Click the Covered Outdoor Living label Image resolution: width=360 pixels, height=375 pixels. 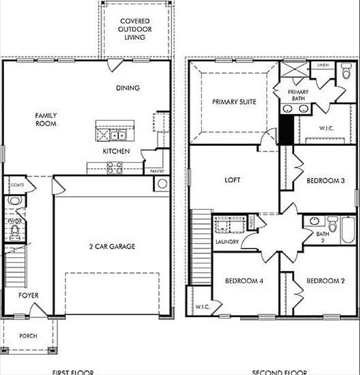[135, 29]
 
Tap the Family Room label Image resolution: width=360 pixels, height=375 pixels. [46, 120]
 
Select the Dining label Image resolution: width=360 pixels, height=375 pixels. [127, 88]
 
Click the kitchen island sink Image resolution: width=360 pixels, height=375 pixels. [117, 135]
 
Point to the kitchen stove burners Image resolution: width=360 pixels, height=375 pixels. [114, 168]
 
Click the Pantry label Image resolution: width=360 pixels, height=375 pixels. [157, 172]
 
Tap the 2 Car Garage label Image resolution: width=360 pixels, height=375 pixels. [112, 246]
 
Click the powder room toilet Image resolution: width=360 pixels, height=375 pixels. [14, 200]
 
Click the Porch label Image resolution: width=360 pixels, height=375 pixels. [28, 336]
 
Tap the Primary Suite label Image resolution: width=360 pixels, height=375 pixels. [234, 102]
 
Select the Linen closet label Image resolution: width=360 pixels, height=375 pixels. [323, 65]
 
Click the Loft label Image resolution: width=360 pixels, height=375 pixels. [232, 181]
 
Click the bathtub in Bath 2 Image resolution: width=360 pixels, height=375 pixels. [347, 229]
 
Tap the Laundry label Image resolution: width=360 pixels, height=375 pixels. [227, 242]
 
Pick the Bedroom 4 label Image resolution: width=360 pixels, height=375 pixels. [244, 281]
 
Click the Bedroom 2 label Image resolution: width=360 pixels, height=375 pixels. [326, 281]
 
